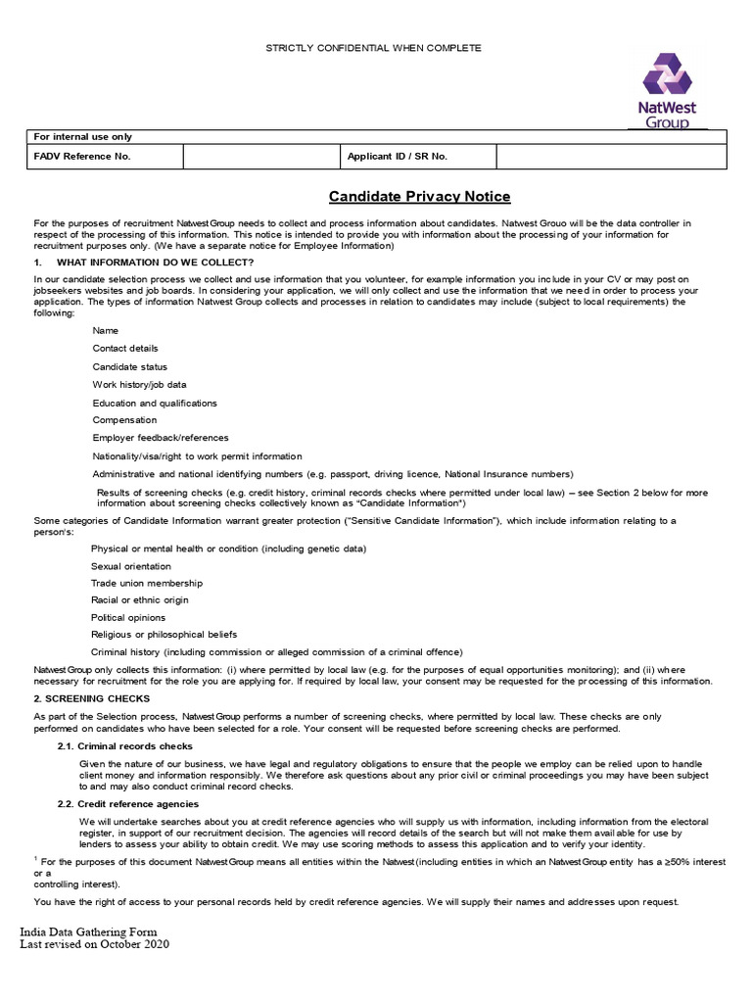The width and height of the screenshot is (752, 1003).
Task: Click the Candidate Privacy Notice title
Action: point(419,197)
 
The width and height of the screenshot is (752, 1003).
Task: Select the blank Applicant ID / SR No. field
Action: point(612,157)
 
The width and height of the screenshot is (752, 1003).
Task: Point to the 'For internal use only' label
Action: point(83,137)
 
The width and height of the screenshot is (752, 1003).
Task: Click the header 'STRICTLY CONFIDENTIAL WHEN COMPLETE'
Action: point(375,48)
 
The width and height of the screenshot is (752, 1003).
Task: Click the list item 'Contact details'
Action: point(125,349)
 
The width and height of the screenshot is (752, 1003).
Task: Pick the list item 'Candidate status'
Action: point(130,366)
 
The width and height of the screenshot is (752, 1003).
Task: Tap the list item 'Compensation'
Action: point(123,420)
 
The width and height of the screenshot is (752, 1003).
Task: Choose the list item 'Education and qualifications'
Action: point(155,403)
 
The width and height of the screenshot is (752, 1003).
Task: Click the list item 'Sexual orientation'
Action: point(131,566)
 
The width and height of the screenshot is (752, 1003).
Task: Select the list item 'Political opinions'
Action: point(128,617)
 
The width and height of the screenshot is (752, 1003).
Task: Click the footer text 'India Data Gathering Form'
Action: point(88,931)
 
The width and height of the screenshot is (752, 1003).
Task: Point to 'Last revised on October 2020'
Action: point(95,945)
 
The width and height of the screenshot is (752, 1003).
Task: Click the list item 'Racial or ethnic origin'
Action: point(140,599)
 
